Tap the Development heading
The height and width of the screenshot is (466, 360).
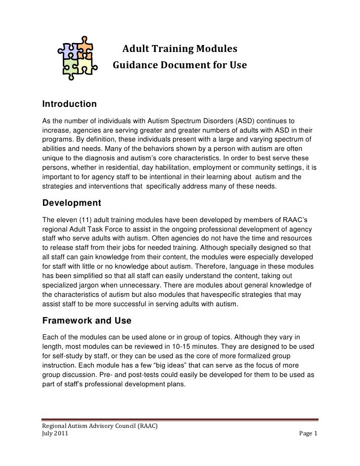[x=72, y=203]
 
